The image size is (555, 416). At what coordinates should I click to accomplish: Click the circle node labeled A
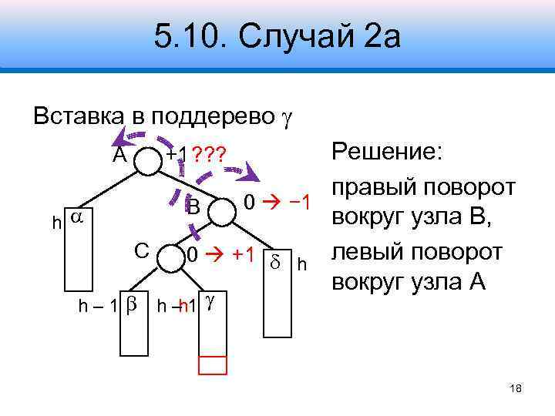coord(146,159)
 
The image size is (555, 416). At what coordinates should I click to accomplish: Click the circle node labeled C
coord(169,260)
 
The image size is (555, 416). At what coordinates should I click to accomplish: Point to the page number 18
coord(516,389)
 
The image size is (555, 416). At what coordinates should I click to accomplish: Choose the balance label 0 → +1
coord(220,255)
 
